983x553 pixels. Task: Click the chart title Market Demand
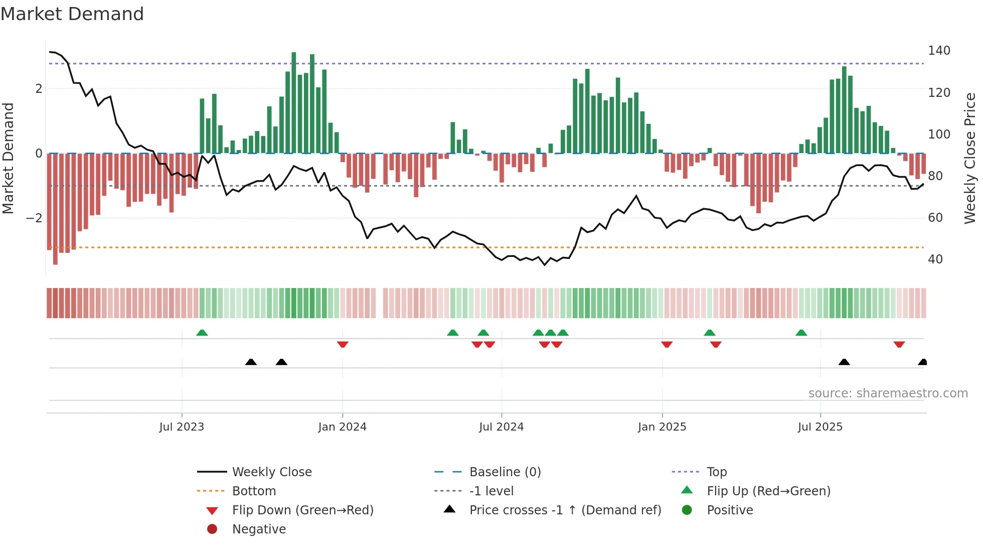click(x=72, y=14)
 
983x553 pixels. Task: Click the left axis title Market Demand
click(x=9, y=158)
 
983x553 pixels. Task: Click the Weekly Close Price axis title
click(x=970, y=158)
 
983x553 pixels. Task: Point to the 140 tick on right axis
click(x=939, y=51)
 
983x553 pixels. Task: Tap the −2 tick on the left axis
click(x=35, y=218)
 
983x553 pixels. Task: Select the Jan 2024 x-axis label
click(x=342, y=427)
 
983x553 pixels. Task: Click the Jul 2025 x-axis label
click(x=820, y=427)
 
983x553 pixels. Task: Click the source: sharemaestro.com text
click(x=888, y=393)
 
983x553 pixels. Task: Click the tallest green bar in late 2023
click(x=294, y=103)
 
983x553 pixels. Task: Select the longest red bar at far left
click(x=55, y=209)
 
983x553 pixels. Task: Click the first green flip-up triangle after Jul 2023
click(x=202, y=333)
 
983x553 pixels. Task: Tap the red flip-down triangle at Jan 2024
click(x=343, y=344)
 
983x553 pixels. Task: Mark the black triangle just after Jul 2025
click(x=844, y=362)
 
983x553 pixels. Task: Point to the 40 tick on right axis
click(x=935, y=259)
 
